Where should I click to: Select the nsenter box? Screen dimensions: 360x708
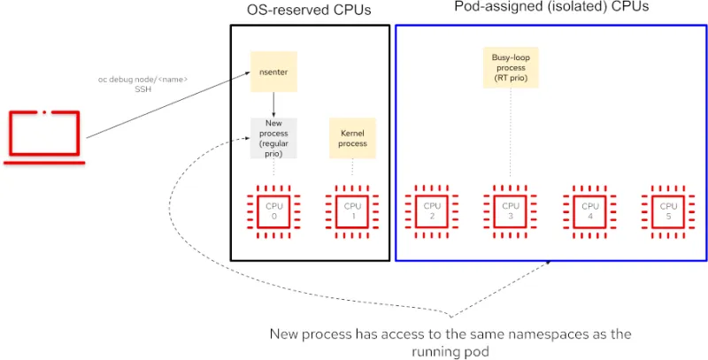pos(273,72)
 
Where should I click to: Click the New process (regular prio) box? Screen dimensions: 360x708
pos(273,138)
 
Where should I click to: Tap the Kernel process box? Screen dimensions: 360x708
pos(352,138)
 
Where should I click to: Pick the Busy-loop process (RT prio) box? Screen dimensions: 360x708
pos(510,68)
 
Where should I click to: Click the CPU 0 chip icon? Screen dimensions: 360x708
pos(273,211)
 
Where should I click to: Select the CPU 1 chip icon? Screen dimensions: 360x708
pos(352,211)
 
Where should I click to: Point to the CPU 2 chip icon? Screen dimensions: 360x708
pos(431,211)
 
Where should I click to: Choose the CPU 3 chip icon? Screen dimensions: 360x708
pos(510,211)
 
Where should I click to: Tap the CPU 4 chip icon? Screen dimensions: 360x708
pos(589,211)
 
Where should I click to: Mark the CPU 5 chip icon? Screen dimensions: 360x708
pos(667,211)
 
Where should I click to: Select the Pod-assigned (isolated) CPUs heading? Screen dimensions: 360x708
pos(552,7)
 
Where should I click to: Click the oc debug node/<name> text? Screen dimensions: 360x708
pos(142,80)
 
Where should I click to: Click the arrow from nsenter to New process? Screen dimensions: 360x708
pos(273,103)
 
